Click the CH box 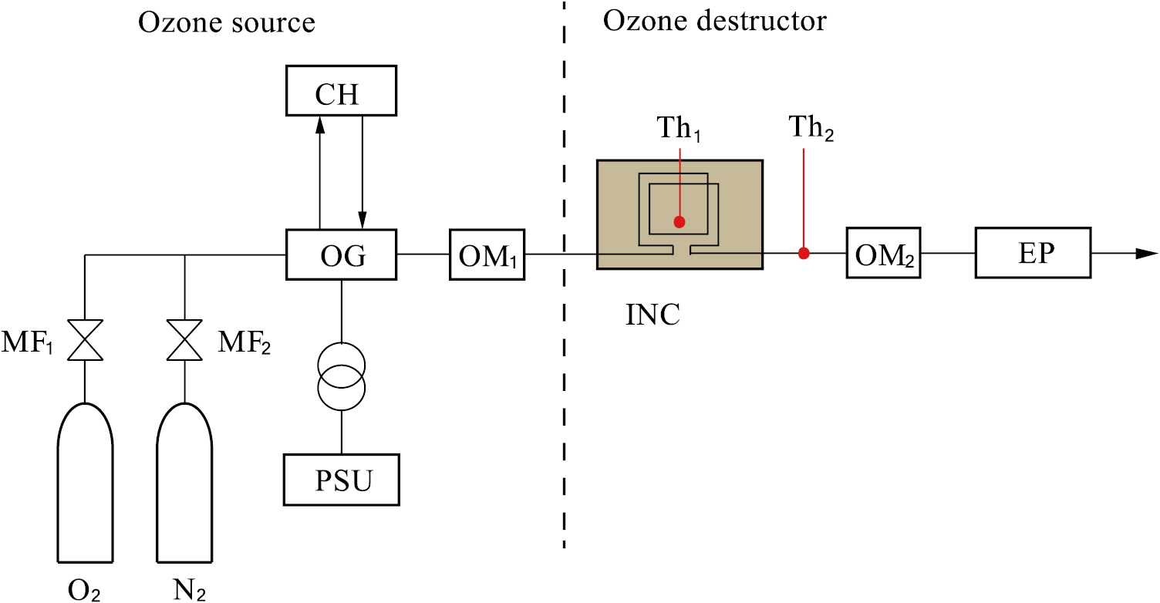340,91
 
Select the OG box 340,254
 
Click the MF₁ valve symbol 86,340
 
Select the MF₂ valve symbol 184,340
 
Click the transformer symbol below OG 341,373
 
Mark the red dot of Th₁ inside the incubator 679,222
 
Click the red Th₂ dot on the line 803,253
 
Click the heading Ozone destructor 713,21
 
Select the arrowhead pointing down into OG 362,221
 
